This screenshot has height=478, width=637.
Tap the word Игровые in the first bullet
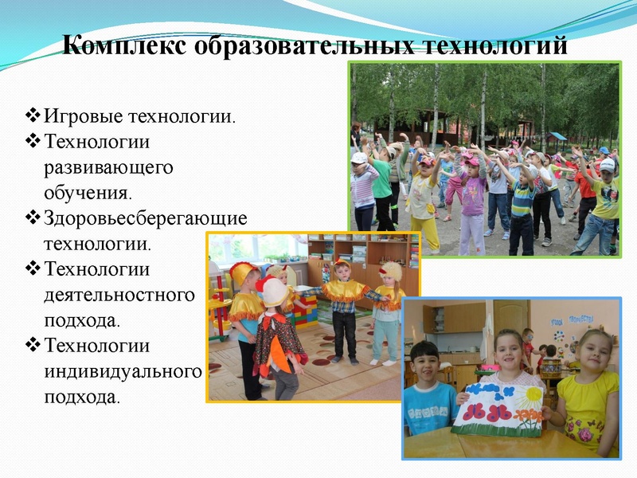click(x=82, y=118)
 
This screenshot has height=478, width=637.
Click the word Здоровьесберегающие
click(x=146, y=218)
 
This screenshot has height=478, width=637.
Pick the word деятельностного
click(x=119, y=296)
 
